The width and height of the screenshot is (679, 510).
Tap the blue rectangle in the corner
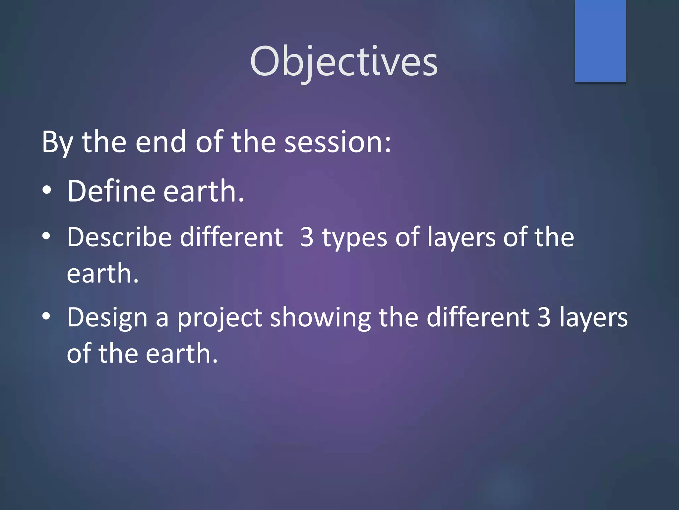tap(600, 41)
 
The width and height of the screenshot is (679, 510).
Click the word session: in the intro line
tap(337, 142)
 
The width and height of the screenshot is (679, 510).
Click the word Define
tap(111, 191)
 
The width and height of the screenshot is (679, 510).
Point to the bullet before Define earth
tap(47, 190)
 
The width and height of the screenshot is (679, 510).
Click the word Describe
tap(119, 237)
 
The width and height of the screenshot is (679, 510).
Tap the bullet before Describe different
tap(47, 236)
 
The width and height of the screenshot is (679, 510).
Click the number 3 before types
tap(307, 237)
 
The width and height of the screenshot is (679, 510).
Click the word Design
tap(107, 318)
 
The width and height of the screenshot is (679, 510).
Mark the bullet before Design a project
tap(47, 316)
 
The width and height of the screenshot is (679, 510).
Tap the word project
tap(219, 318)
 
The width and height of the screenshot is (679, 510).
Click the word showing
tap(320, 318)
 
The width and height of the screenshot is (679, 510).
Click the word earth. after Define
tap(204, 192)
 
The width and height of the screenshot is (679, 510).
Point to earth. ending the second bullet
tap(102, 273)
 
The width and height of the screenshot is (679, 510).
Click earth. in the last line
tap(182, 354)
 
